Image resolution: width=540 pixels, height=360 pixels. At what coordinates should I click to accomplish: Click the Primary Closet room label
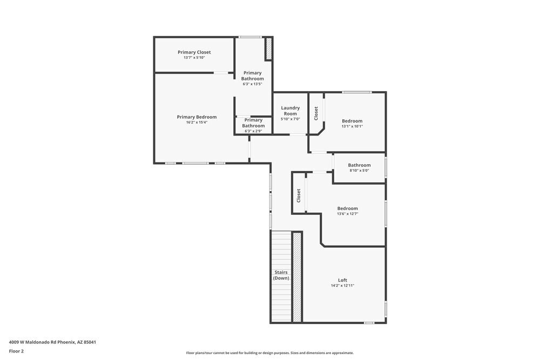[194, 52]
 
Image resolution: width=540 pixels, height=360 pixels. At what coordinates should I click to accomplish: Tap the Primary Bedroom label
[197, 117]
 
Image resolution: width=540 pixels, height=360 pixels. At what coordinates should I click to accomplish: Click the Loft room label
[342, 280]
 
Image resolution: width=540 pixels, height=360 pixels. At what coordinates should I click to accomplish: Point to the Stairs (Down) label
[281, 275]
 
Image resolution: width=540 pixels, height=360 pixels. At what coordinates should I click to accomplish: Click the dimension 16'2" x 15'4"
[197, 123]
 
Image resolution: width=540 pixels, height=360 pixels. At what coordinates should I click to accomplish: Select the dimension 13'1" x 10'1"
[352, 126]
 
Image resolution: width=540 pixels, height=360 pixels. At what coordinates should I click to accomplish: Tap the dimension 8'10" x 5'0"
[359, 171]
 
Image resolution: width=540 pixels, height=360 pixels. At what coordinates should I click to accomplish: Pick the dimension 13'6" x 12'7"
[347, 214]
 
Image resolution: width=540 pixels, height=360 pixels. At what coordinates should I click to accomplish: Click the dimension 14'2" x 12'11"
[342, 286]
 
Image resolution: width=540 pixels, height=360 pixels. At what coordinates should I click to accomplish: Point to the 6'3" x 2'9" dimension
[253, 131]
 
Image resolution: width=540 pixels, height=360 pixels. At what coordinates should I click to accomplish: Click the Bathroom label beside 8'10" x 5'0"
[359, 165]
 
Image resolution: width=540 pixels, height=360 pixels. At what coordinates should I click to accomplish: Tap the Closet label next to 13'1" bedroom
[316, 113]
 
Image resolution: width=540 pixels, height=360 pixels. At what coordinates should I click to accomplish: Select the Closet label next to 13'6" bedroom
[298, 195]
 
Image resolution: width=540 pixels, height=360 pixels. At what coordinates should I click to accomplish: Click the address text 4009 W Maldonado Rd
[52, 342]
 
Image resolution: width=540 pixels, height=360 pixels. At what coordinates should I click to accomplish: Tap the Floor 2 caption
[16, 351]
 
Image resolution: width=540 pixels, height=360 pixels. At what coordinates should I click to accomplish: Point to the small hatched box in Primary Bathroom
[268, 49]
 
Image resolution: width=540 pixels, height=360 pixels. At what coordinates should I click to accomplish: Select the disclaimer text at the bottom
[270, 353]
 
